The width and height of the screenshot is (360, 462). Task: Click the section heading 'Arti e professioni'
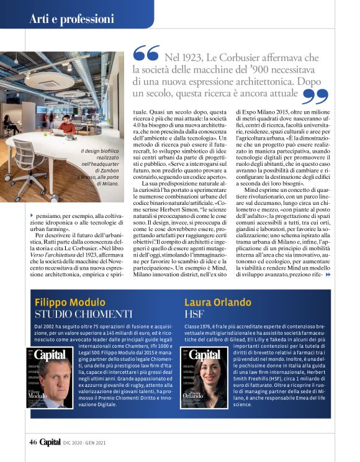(x=71, y=19)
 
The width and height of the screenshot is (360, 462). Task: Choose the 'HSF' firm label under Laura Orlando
(x=194, y=315)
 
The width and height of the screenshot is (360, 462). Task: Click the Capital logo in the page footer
(x=50, y=442)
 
